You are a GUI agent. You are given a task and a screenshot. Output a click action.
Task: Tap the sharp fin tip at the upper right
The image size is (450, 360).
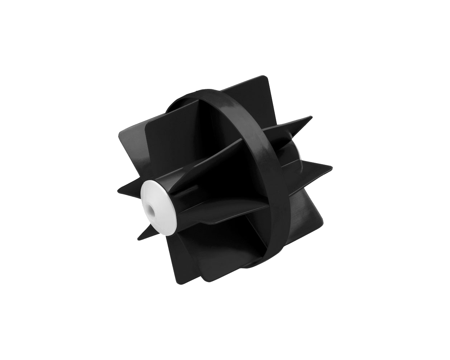(311, 117)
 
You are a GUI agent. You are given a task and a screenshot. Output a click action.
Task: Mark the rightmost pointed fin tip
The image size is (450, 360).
(332, 167)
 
